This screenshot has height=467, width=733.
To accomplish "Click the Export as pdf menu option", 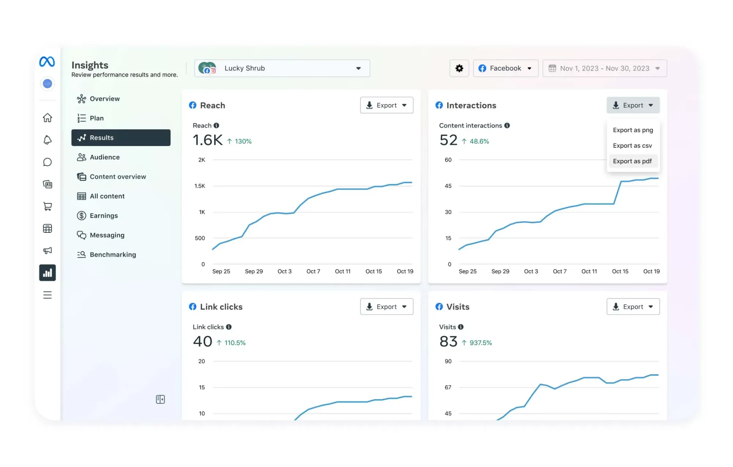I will pos(632,161).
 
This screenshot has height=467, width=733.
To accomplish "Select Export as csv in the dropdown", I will pos(632,146).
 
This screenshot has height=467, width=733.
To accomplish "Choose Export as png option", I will pos(633,130).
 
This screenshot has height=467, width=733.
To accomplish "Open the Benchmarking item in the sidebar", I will pos(113,254).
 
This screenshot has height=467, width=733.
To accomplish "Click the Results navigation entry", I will pos(121,137).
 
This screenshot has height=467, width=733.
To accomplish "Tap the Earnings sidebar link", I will pos(104,216).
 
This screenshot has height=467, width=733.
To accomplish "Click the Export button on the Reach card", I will pos(386,105).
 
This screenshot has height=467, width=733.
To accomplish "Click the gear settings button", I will pos(459,68).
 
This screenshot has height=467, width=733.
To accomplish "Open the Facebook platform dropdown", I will pos(505,68).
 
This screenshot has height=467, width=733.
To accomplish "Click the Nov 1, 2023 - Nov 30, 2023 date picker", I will pos(604,68).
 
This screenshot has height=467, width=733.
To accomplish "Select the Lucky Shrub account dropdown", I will pos(282,68).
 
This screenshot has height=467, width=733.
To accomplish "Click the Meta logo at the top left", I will pos(47,62).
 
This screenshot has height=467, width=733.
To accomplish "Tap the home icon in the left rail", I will pos(47,118).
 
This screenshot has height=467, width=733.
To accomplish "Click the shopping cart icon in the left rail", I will pos(47,206).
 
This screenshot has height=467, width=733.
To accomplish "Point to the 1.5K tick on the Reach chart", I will pos(200,186).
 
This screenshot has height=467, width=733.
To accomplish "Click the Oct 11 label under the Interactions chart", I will pos(589,271).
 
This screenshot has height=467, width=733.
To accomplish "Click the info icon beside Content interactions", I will pos(507,125).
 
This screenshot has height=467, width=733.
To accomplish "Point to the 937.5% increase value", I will pos(480,343).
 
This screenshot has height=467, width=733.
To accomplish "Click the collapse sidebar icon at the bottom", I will pos(160,399).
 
